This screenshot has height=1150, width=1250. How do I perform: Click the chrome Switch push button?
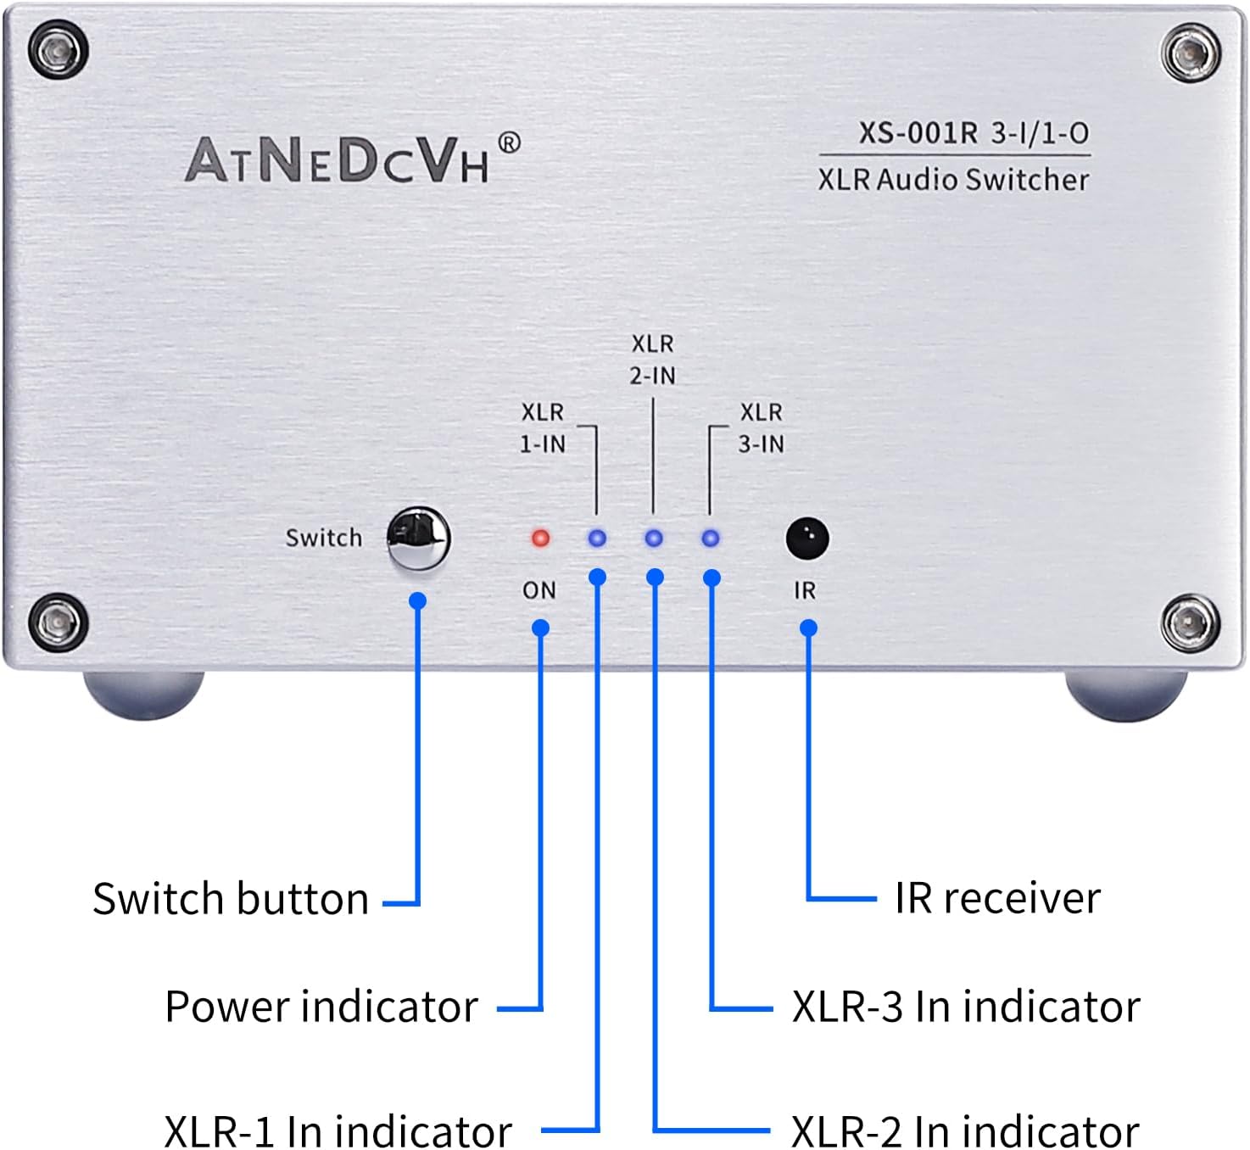click(418, 538)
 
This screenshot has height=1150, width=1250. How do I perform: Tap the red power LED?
click(540, 538)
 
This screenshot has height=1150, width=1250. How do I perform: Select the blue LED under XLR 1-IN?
click(597, 538)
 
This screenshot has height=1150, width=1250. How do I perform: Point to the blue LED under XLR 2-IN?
click(653, 538)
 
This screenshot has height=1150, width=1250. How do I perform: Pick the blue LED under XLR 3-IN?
click(711, 538)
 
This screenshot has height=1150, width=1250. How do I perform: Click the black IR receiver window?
click(806, 538)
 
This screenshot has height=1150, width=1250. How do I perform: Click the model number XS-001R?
click(918, 133)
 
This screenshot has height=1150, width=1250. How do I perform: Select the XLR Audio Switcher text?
click(952, 180)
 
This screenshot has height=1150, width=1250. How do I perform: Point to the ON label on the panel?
click(539, 590)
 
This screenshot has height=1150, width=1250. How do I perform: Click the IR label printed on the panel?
click(805, 590)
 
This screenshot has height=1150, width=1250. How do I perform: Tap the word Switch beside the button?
click(323, 538)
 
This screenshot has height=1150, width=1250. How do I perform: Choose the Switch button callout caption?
click(231, 899)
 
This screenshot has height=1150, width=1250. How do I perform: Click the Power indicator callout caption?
click(321, 1008)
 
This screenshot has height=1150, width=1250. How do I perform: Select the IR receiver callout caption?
click(997, 898)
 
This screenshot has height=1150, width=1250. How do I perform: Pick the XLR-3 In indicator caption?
click(966, 1008)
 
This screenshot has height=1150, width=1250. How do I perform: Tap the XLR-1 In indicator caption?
click(338, 1130)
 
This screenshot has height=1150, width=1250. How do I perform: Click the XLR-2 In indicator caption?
click(965, 1130)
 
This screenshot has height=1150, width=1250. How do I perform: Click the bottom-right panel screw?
click(1191, 624)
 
